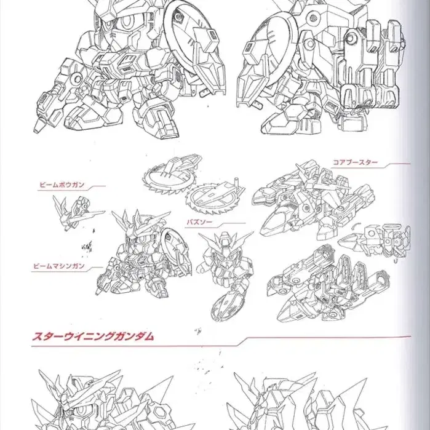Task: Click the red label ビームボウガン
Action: pyautogui.click(x=62, y=185)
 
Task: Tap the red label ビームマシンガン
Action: pyautogui.click(x=58, y=266)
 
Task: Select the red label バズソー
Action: pyautogui.click(x=199, y=222)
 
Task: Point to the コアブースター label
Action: pyautogui.click(x=355, y=162)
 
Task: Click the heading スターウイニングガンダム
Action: pyautogui.click(x=93, y=336)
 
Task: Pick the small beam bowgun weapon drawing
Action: pyautogui.click(x=78, y=212)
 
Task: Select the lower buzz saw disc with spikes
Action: pyautogui.click(x=215, y=196)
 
